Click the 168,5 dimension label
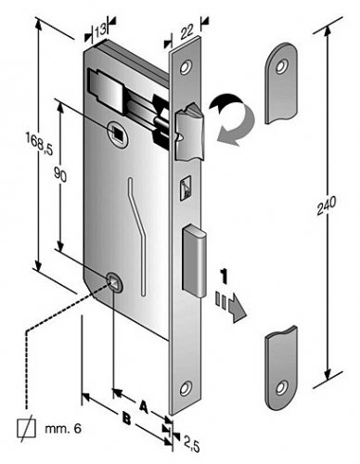(x=39, y=144)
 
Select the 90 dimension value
(x=60, y=174)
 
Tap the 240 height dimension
(x=327, y=205)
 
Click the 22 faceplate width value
(x=186, y=32)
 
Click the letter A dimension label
(x=143, y=406)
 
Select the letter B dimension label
(x=126, y=419)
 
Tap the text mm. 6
(x=63, y=429)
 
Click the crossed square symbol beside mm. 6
(x=26, y=429)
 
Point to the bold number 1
(x=224, y=277)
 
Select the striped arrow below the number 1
(x=231, y=306)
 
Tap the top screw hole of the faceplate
(x=186, y=67)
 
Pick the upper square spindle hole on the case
(x=118, y=133)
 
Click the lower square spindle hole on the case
(x=113, y=281)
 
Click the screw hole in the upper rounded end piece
(x=282, y=67)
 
